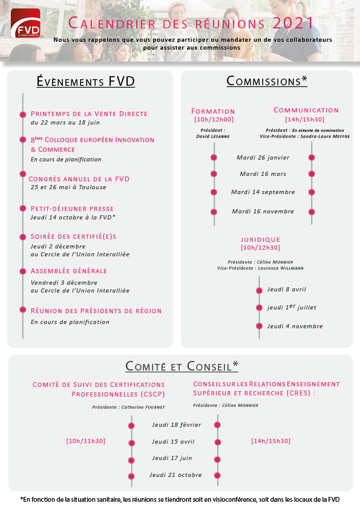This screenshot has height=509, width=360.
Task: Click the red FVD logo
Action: tap(25, 23)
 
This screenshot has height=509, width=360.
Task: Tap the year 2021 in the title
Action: tap(293, 24)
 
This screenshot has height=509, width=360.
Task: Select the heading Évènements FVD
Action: tap(86, 82)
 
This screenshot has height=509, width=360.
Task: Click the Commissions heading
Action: tap(267, 81)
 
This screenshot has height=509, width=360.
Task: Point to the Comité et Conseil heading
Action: tap(182, 366)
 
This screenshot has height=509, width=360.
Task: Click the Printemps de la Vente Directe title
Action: tap(89, 114)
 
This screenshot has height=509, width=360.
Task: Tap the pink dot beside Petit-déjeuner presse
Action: tap(23, 208)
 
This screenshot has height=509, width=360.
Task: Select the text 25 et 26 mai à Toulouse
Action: tap(68, 187)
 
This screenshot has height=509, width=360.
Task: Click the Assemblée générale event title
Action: tap(69, 271)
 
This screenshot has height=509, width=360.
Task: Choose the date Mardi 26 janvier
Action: tap(263, 158)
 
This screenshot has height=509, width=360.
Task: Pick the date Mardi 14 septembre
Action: tap(263, 192)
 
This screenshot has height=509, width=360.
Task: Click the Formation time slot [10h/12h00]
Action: tap(214, 120)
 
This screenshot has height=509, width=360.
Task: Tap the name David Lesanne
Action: tap(213, 137)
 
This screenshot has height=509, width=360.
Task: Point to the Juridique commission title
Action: tap(260, 239)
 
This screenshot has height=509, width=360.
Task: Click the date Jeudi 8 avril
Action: tap(287, 289)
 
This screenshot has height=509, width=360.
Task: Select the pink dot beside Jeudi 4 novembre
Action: tap(259, 326)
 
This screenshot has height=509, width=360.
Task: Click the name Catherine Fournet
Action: tap(143, 407)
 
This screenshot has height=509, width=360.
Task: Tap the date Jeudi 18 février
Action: tap(177, 424)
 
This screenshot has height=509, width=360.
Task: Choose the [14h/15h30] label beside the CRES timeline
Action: tap(270, 441)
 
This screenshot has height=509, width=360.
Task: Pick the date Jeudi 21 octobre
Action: tap(175, 475)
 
